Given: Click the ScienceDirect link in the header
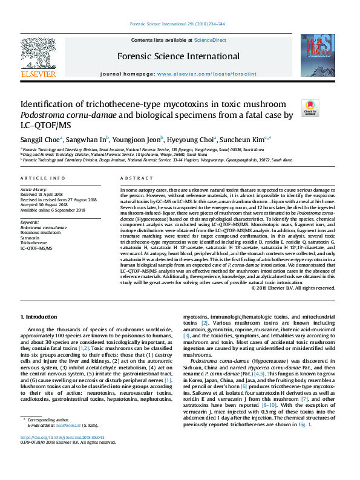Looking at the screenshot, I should pos(210,39).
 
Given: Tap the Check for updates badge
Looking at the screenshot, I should pos(310,108).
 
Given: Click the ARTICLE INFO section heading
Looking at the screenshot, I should pos(42,178).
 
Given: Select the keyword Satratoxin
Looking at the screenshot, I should pos(31,238).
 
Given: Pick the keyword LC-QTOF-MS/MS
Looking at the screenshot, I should pos(36,248).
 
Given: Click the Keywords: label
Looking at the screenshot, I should pos(30,222).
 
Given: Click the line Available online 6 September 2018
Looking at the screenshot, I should pos(53,210).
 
